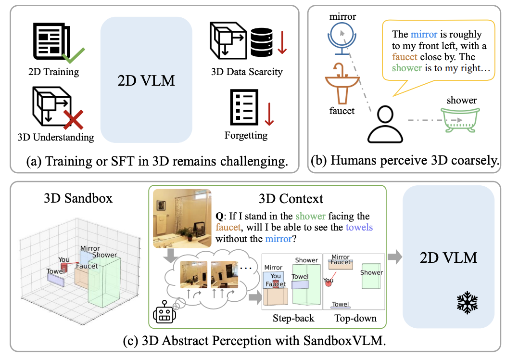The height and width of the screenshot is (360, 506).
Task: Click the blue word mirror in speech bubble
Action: point(424,35)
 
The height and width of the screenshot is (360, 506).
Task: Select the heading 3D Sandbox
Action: point(77,198)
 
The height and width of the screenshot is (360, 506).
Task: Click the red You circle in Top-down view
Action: point(328,283)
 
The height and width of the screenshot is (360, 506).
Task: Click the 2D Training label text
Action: point(53,72)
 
